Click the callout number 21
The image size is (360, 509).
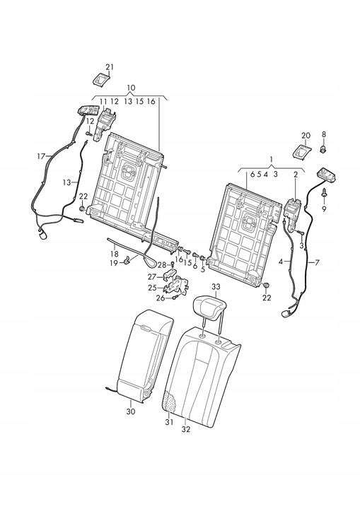pyautogui.click(x=110, y=67)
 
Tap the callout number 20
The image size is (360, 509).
pyautogui.click(x=306, y=135)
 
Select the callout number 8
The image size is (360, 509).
pyautogui.click(x=324, y=134)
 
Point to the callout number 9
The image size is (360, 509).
pyautogui.click(x=324, y=209)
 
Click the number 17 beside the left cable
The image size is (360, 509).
pyautogui.click(x=41, y=156)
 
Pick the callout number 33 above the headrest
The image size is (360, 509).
pyautogui.click(x=216, y=286)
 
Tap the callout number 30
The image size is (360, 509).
pyautogui.click(x=131, y=411)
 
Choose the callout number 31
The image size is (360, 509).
pyautogui.click(x=169, y=422)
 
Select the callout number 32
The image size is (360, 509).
pyautogui.click(x=186, y=429)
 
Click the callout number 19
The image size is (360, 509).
pyautogui.click(x=113, y=263)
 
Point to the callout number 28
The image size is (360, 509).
pyautogui.click(x=162, y=265)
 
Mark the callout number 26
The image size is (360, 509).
pyautogui.click(x=161, y=298)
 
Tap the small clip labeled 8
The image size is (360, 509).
pyautogui.click(x=324, y=150)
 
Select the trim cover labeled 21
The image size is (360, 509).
pyautogui.click(x=101, y=80)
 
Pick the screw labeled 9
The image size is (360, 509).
pyautogui.click(x=325, y=193)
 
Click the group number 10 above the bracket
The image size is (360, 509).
pyautogui.click(x=131, y=88)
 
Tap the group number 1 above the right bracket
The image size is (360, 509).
pyautogui.click(x=272, y=159)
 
